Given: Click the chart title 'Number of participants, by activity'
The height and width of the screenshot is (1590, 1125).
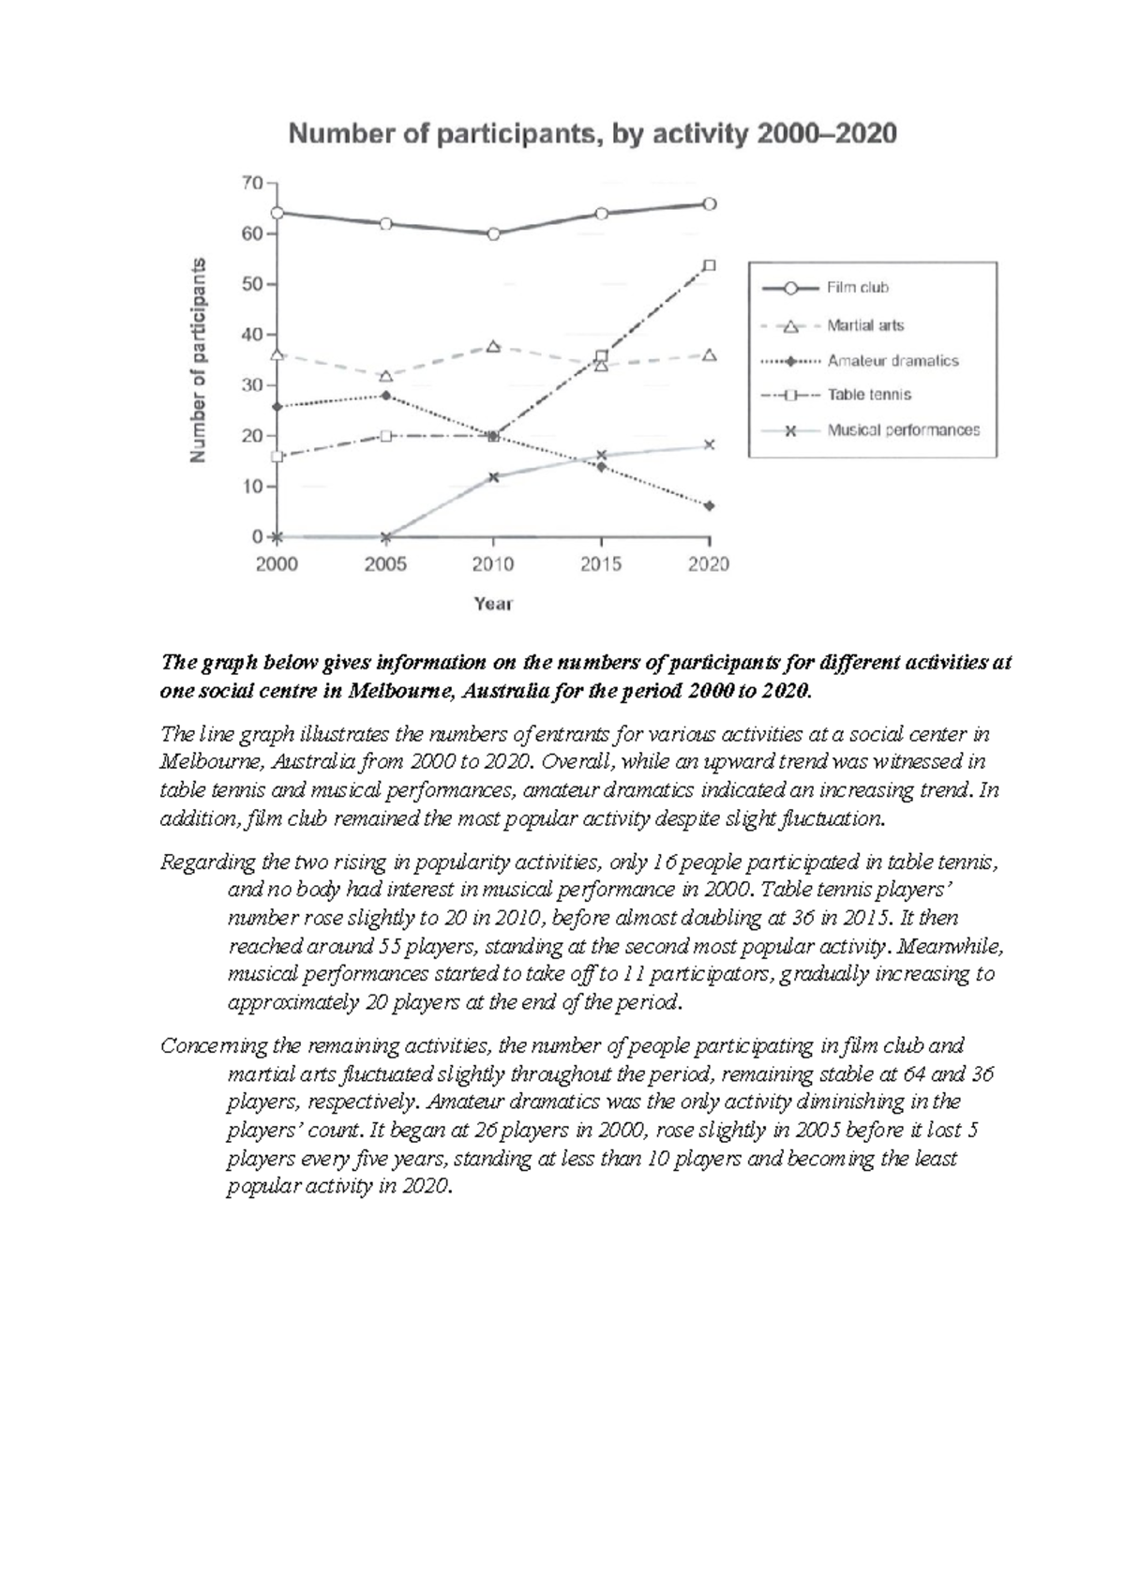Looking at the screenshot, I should tap(592, 134).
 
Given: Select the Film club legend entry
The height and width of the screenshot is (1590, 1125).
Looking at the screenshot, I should tap(857, 288).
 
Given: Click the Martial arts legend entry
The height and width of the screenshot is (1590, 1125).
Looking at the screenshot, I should tap(864, 325).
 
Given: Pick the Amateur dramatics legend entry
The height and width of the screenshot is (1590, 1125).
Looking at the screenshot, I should tap(892, 360).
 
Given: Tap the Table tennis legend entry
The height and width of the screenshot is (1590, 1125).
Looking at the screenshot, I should tap(868, 395).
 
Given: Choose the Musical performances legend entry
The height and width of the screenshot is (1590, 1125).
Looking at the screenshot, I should tap(902, 430).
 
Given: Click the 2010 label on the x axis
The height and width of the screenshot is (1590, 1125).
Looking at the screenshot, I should tap(493, 564).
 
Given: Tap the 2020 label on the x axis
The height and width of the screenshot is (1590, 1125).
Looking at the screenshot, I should tap(709, 564).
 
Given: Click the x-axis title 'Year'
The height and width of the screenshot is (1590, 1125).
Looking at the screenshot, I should tap(493, 604).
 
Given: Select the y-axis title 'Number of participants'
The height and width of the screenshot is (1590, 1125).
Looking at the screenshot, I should tap(198, 360).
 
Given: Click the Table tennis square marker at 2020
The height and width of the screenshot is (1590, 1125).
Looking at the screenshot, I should tap(710, 265).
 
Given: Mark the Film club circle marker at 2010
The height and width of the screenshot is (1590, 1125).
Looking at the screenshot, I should tap(493, 233).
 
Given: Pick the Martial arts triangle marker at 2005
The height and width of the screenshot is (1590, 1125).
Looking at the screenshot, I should tap(385, 376).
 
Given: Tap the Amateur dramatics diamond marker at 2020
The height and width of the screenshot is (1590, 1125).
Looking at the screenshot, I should tap(710, 506).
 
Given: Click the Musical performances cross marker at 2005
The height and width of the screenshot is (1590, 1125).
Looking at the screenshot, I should tap(385, 537).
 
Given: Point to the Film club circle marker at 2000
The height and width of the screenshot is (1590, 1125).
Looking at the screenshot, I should tap(277, 213).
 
